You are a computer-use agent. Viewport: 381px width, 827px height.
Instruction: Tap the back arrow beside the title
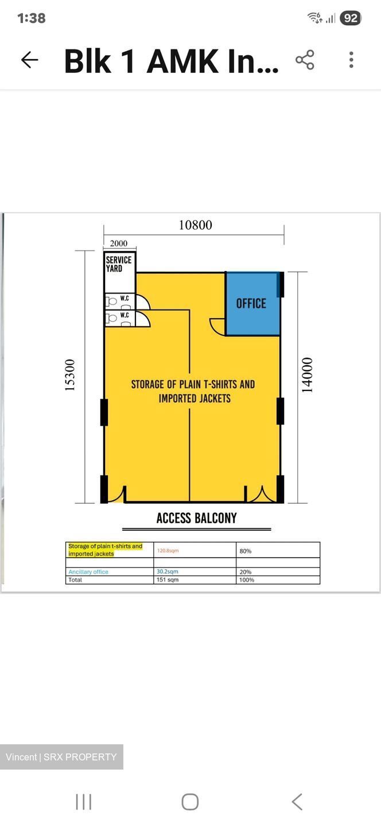pyautogui.click(x=30, y=60)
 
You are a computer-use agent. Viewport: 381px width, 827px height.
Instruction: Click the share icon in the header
pyautogui.click(x=305, y=60)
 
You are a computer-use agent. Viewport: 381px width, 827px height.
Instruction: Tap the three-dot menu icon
pyautogui.click(x=351, y=60)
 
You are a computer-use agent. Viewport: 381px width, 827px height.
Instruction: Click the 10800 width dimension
pyautogui.click(x=196, y=225)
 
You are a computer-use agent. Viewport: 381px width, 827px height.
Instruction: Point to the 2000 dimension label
pyautogui.click(x=118, y=244)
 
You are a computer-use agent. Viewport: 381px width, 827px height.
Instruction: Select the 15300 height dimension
pyautogui.click(x=69, y=374)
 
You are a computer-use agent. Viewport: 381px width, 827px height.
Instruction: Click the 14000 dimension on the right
pyautogui.click(x=307, y=374)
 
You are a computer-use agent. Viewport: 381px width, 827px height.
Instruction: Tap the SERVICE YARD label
pyautogui.click(x=118, y=264)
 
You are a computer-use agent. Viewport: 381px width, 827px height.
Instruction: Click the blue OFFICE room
pyautogui.click(x=253, y=303)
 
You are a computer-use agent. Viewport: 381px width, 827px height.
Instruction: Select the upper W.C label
pyautogui.click(x=125, y=298)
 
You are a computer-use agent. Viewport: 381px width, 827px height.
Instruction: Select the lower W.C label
pyautogui.click(x=125, y=315)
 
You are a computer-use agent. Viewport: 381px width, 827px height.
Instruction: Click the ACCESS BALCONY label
pyautogui.click(x=197, y=518)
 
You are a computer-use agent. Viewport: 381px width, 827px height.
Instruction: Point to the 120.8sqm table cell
pyautogui.click(x=168, y=550)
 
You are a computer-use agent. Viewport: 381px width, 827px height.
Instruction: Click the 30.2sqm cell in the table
pyautogui.click(x=168, y=571)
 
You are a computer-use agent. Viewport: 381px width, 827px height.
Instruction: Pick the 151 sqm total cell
pyautogui.click(x=168, y=579)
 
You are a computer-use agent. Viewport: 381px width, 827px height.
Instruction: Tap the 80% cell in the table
pyautogui.click(x=245, y=551)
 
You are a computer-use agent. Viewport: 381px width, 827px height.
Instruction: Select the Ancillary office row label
pyautogui.click(x=88, y=571)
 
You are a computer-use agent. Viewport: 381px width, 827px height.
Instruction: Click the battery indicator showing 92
pyautogui.click(x=351, y=18)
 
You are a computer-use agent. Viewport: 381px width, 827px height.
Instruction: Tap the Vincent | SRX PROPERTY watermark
pyautogui.click(x=61, y=757)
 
